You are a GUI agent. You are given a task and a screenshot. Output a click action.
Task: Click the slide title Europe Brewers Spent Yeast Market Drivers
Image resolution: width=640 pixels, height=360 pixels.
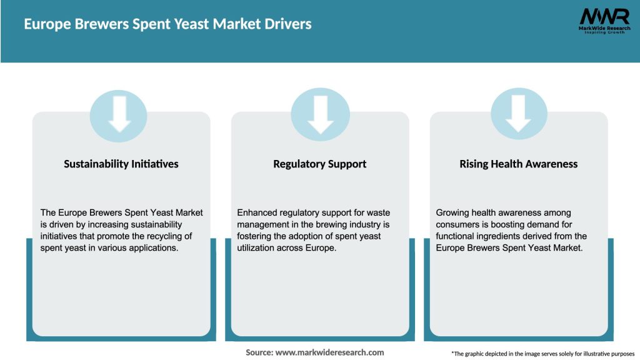click(167, 24)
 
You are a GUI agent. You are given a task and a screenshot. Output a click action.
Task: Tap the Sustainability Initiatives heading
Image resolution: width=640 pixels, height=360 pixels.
click(121, 164)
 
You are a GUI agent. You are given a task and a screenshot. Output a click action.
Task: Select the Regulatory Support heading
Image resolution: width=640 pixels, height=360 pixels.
click(320, 164)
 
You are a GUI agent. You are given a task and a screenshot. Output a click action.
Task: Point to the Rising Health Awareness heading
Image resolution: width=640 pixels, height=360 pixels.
click(519, 164)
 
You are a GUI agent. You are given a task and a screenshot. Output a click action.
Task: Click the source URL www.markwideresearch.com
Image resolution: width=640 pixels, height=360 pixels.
click(329, 352)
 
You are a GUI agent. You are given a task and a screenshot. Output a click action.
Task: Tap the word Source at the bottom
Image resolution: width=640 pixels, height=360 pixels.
click(259, 352)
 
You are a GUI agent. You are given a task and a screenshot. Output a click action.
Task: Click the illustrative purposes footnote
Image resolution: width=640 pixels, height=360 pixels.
click(542, 354)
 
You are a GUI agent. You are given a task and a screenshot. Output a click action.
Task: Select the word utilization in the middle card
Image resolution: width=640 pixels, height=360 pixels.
click(257, 247)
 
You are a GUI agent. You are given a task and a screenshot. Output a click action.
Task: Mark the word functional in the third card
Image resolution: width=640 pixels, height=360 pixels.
click(457, 236)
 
